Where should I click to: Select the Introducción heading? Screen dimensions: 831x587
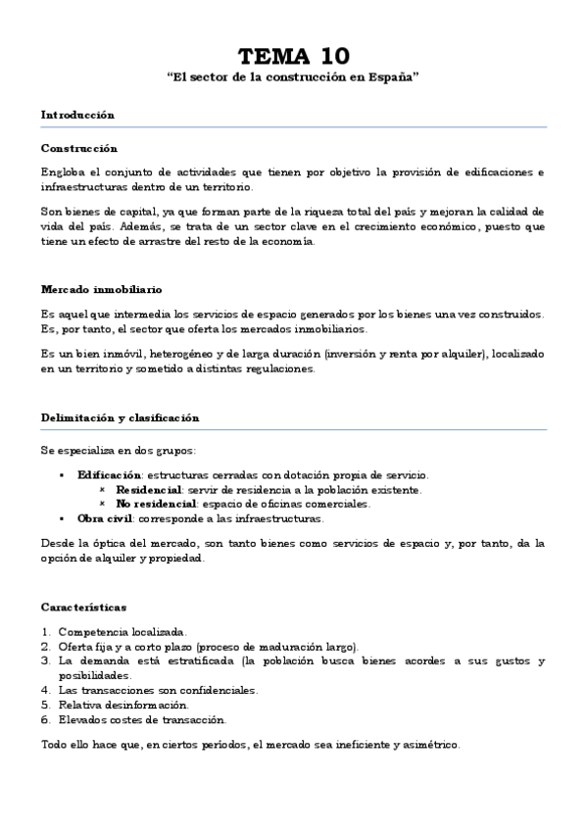[x=77, y=115]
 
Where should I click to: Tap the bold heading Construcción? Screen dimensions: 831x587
[x=78, y=148]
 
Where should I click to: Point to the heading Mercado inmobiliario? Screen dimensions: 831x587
[x=101, y=290]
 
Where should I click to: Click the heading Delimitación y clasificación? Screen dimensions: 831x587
[x=120, y=416]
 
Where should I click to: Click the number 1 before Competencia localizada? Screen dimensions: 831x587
[x=45, y=632]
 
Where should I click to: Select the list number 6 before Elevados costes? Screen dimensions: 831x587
[x=45, y=718]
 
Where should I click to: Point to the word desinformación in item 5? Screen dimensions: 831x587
[x=145, y=705]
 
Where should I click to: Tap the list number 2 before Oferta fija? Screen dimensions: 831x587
[x=45, y=647]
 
